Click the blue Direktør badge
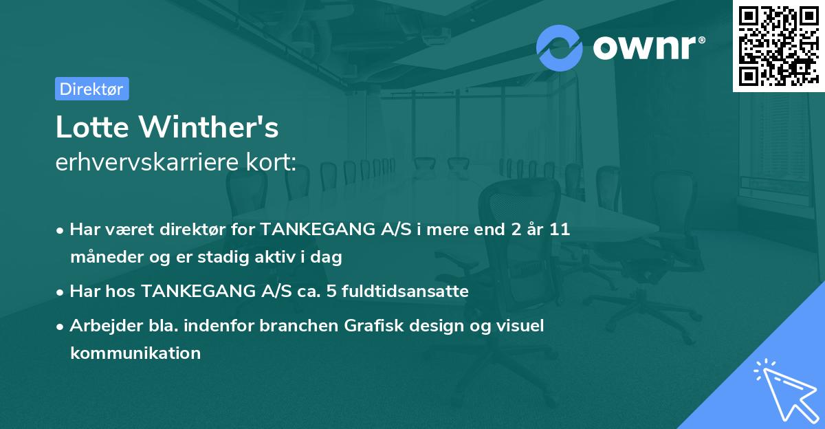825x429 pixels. coord(92,89)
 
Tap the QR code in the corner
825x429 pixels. coord(778,45)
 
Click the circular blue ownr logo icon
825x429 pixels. coord(559,48)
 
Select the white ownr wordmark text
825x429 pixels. coord(649,48)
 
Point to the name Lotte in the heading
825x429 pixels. coord(92,127)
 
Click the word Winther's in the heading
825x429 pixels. coord(208,126)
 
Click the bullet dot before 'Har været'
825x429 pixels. coord(60,231)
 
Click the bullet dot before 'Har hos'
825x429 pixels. coord(60,293)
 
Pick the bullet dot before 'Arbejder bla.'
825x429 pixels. coord(60,327)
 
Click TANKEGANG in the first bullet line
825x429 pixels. coord(318,229)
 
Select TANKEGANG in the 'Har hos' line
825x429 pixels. coord(199,291)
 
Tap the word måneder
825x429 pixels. coord(107,256)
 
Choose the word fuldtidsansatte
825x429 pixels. coord(405,291)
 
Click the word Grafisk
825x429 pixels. coord(374,325)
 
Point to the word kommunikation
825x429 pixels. coord(135,353)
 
